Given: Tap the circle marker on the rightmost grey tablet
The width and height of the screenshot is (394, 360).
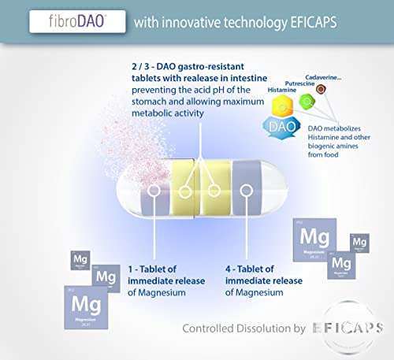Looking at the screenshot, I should tap(245, 190).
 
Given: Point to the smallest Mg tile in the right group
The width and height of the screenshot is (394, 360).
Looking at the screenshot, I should tap(359, 242).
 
